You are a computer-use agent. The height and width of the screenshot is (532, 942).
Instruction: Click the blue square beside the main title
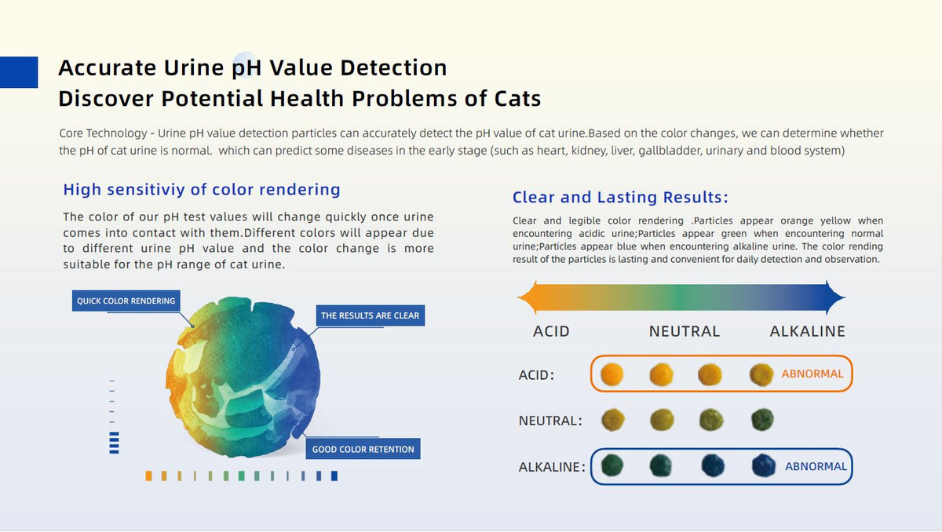pos(19,72)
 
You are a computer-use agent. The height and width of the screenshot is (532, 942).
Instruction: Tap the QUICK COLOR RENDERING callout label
pos(126,301)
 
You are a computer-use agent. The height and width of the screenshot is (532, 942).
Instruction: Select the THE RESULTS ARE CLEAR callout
pos(370,315)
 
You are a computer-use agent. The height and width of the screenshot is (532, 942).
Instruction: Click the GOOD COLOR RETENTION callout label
pos(363,449)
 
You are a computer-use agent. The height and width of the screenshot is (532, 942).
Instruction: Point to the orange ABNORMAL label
pos(812,373)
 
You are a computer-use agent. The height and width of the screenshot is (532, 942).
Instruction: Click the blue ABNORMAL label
pos(816,466)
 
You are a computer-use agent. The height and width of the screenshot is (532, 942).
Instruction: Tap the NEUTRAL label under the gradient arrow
pos(685,332)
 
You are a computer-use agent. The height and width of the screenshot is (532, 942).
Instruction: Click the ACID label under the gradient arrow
pos(551,332)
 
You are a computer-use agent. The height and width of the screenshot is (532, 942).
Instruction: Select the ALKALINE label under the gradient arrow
pos(808,332)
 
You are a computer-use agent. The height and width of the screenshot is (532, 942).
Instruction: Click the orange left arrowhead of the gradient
pos(528,297)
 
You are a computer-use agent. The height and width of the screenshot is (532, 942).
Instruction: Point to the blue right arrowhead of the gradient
pos(835,297)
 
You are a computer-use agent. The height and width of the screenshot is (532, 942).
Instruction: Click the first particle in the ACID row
pos(612,374)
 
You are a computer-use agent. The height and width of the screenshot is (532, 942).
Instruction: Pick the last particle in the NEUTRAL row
pos(762,419)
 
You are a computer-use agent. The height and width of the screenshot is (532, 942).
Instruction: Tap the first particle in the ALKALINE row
pos(612,465)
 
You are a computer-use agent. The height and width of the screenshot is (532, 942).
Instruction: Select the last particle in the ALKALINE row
pos(763,465)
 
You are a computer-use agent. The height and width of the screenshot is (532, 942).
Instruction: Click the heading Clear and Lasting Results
pos(620,197)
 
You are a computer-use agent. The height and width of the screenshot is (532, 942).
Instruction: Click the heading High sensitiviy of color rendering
pos(202,190)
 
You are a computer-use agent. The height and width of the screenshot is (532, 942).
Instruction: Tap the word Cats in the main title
pos(517,99)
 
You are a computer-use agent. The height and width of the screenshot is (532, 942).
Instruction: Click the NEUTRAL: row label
pos(550,421)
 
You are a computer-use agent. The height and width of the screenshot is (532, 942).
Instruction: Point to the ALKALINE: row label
pos(552,467)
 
